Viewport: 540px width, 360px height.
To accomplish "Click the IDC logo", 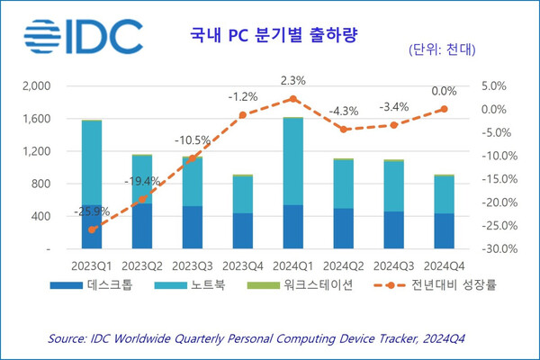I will point(83,35).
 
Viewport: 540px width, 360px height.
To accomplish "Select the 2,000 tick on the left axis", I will point(37,86).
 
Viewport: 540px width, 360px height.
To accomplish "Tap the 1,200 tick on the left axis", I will point(37,151).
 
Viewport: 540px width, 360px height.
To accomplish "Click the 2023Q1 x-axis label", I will point(92,266).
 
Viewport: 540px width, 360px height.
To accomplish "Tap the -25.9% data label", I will point(92,213).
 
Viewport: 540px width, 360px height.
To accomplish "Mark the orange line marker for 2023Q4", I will point(243,115).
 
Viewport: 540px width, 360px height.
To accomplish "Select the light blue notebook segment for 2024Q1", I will point(292,162).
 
